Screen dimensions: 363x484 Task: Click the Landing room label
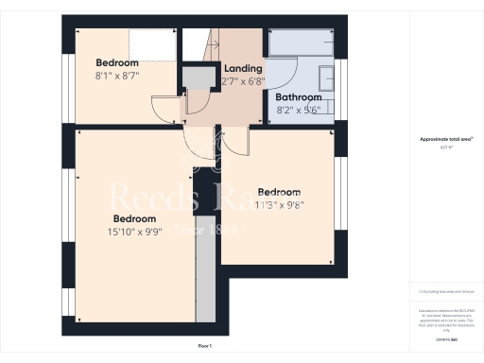(x=242, y=68)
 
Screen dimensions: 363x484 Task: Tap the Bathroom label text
(x=298, y=97)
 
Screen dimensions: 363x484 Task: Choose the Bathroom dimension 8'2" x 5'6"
(x=299, y=109)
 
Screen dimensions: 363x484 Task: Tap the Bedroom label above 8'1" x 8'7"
(x=117, y=62)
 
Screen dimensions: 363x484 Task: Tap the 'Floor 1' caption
(x=205, y=347)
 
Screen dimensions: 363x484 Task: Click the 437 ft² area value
(x=445, y=147)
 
